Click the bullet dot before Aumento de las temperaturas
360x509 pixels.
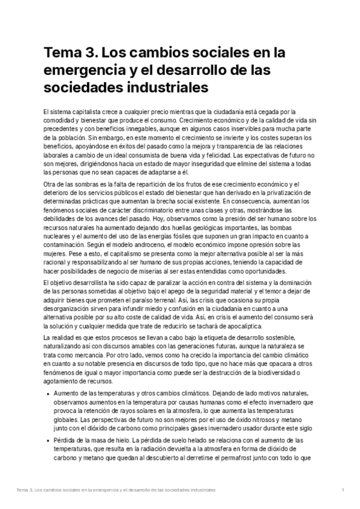tap(47, 393)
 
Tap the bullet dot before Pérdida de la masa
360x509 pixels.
tap(47, 440)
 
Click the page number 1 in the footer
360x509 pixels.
tap(342, 491)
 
